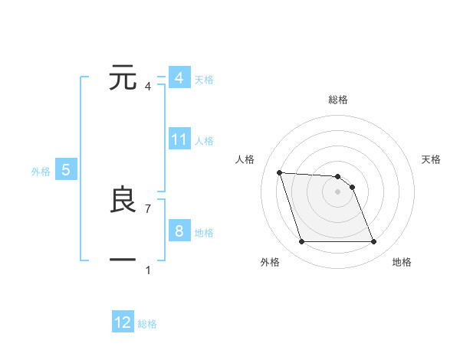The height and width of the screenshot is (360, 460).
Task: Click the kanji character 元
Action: pos(123,78)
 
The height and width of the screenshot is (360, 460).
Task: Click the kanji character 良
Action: pos(123,200)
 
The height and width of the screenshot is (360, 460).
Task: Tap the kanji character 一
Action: pos(123,260)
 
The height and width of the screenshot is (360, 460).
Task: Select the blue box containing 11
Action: pos(179,140)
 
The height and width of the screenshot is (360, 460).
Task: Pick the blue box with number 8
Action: pos(179,232)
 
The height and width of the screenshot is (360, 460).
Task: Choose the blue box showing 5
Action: pos(66,171)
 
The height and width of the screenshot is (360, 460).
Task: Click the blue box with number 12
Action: pos(123,323)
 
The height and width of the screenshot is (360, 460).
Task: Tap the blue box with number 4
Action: pos(179,78)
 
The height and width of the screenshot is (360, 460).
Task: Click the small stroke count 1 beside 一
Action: pos(147,270)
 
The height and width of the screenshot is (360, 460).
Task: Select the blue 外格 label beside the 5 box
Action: pos(41,172)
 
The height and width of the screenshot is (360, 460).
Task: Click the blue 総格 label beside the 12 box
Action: pos(147,324)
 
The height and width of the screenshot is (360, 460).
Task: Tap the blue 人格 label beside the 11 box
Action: pos(204,141)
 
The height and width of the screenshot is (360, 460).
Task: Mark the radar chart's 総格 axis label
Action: pos(337,100)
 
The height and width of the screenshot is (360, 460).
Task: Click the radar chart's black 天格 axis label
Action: pos(432,159)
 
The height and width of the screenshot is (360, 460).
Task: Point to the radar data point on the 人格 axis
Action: pos(279,172)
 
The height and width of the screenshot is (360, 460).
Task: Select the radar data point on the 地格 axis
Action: pos(373,242)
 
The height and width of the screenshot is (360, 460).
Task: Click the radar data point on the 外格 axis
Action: pos(301,242)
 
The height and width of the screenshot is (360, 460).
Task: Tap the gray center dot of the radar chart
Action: pos(337,191)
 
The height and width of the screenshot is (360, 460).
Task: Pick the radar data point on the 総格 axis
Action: pos(337,176)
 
